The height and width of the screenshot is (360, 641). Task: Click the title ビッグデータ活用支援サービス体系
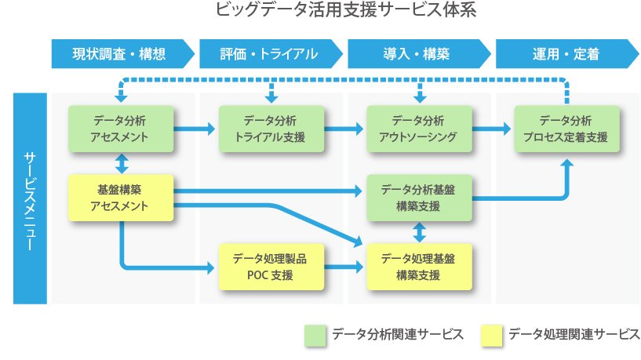click(x=346, y=10)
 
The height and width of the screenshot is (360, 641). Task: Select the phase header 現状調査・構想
click(x=122, y=53)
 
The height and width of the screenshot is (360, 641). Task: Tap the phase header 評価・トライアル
click(x=271, y=53)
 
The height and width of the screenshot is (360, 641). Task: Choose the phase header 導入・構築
click(x=419, y=53)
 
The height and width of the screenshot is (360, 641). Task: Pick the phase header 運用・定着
click(x=566, y=53)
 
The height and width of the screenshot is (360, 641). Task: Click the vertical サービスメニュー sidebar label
click(x=30, y=198)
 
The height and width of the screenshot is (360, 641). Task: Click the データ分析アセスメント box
click(x=121, y=129)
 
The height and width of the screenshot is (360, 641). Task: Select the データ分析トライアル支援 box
click(x=271, y=129)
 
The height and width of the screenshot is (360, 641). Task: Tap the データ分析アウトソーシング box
click(x=420, y=129)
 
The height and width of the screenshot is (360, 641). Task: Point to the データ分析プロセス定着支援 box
click(x=567, y=129)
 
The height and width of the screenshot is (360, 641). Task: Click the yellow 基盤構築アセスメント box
click(x=121, y=198)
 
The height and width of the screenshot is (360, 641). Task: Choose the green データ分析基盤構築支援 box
click(x=420, y=198)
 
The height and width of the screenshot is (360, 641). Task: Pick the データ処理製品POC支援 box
click(x=271, y=267)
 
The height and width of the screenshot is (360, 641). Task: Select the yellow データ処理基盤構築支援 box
click(x=420, y=267)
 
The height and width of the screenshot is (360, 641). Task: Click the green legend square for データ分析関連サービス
click(x=315, y=336)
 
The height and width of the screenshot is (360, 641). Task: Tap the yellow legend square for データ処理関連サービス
click(x=492, y=336)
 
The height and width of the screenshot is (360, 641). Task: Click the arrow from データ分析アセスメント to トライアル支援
click(x=194, y=129)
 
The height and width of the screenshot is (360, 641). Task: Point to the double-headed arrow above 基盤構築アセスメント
click(x=122, y=163)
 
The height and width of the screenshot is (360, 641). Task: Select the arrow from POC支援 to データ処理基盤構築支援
click(x=344, y=267)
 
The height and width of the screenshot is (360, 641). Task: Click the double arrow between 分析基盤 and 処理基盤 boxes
click(x=420, y=232)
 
